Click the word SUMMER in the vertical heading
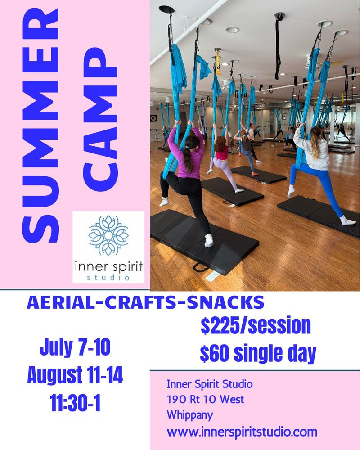coord(41,126)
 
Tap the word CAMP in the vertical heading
coord(100,120)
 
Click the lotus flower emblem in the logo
coord(108,235)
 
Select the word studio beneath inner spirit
coord(108,278)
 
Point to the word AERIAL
coord(62,302)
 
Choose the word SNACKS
coord(225,302)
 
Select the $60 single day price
coord(258,353)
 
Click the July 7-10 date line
coord(75,347)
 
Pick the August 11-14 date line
coord(75,375)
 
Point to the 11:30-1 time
coord(75,403)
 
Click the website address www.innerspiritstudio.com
coord(242,432)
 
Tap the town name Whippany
coord(190,415)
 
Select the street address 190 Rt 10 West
coord(205,399)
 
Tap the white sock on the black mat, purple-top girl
coord(209,240)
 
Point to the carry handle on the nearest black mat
coord(201,268)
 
